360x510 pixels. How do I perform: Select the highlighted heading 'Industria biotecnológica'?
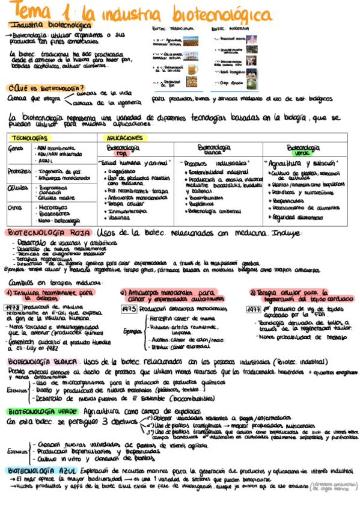click(x=51, y=25)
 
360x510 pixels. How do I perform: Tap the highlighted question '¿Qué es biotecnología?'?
click(x=45, y=88)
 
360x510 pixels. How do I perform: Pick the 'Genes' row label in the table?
click(x=16, y=148)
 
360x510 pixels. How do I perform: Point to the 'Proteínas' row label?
click(x=19, y=172)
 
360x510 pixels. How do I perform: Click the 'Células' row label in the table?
click(x=18, y=188)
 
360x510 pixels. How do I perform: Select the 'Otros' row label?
click(x=16, y=207)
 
